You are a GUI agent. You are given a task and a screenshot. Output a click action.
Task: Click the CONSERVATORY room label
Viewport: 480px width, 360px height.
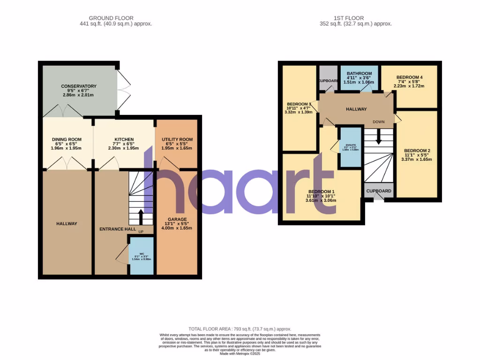(79, 86)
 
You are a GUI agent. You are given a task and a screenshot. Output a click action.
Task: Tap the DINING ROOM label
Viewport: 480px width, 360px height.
(66, 139)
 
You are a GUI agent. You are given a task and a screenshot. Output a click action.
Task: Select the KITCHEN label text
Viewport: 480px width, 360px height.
(124, 139)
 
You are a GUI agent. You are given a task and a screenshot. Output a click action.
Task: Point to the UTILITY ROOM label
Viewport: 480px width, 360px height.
(177, 139)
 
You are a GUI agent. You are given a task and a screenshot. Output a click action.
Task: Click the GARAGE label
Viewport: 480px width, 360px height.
(177, 219)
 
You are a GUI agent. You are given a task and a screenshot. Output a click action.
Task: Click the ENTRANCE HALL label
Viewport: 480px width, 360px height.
(117, 229)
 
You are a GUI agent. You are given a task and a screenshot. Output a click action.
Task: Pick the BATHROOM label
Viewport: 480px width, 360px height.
(359, 74)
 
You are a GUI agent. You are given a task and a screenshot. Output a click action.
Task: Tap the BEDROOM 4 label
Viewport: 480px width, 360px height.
(409, 77)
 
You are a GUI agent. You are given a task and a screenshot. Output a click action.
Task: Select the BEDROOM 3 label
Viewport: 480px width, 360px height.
(299, 104)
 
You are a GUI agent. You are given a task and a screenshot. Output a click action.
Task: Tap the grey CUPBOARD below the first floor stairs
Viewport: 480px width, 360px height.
(379, 191)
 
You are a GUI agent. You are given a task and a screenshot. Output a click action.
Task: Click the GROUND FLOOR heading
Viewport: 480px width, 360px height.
(116, 18)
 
